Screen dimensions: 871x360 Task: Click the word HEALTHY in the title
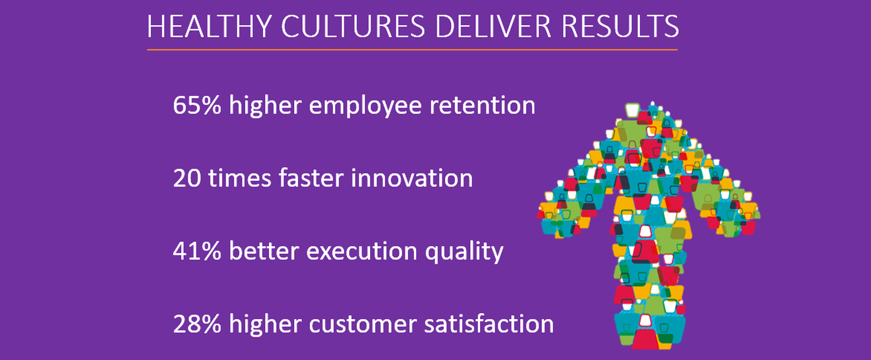[209, 26]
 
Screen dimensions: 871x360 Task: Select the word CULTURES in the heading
[353, 26]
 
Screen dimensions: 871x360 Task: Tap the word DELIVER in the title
[493, 26]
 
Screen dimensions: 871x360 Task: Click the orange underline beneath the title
[412, 50]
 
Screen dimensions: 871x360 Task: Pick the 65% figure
[197, 105]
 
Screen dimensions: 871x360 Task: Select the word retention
[482, 105]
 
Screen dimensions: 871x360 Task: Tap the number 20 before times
[187, 178]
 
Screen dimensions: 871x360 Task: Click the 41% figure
[197, 251]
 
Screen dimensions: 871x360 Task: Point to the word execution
[362, 251]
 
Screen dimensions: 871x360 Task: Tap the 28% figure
[197, 324]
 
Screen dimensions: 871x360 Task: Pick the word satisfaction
[489, 323]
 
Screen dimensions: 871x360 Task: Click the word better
[264, 250]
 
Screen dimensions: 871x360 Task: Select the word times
[240, 178]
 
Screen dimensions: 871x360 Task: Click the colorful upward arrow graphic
[649, 226]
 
